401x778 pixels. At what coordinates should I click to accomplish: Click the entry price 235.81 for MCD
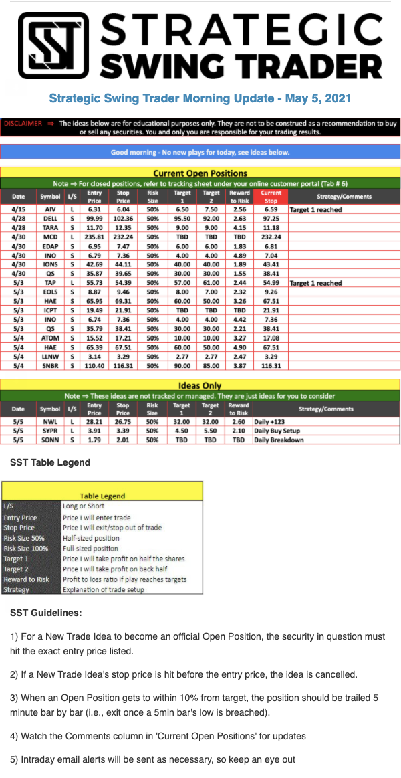pos(95,237)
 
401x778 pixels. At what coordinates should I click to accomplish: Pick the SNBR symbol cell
pos(50,365)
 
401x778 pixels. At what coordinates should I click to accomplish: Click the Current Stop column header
pos(271,196)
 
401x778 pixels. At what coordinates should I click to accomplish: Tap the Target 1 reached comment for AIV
pos(315,209)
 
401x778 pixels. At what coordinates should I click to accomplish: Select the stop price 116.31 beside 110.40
pos(123,365)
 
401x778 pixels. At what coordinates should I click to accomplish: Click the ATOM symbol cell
pos(50,338)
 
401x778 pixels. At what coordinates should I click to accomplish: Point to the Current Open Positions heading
pos(200,173)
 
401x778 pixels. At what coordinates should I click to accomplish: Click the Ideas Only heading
pos(200,385)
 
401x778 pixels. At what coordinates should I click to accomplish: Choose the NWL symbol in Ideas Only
pos(50,422)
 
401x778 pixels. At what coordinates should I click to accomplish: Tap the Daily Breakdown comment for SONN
pos(278,440)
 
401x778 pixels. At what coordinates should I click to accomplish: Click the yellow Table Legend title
pos(102,496)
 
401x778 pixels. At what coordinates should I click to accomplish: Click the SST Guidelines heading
pos(45,613)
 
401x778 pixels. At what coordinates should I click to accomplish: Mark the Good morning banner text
pos(200,152)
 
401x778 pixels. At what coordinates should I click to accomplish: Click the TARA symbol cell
pos(50,227)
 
